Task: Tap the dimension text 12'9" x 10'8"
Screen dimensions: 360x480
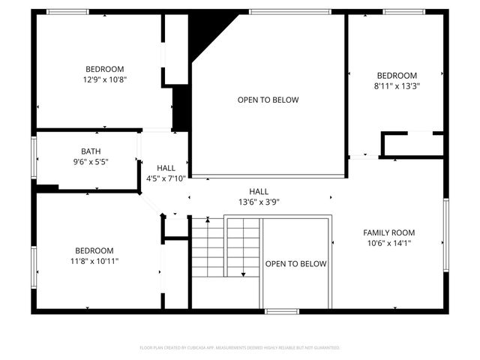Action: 104,79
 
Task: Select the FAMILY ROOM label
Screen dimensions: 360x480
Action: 388,232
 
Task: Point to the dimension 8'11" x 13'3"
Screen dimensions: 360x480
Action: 397,85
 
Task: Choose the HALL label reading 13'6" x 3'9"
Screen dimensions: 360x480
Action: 259,202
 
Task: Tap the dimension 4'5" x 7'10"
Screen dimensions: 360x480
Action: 166,178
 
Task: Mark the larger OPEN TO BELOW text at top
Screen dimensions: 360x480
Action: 268,100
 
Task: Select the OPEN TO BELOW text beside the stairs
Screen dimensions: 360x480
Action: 296,263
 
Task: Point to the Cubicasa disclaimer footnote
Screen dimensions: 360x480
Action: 240,348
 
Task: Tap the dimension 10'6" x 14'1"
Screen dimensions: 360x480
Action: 388,243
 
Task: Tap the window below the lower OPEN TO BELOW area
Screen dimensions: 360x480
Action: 282,310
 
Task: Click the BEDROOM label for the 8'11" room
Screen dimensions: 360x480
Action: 397,76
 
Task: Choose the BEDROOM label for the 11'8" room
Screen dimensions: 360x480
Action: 94,250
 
